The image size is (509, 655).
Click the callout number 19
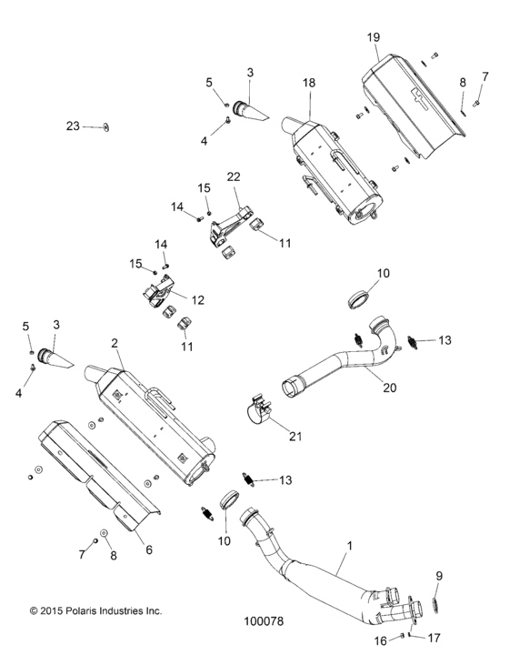point(373,39)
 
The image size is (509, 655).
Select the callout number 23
point(73,126)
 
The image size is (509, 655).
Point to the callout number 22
point(235,176)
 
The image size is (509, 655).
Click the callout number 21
point(294,436)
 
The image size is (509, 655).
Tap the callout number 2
point(115,343)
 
